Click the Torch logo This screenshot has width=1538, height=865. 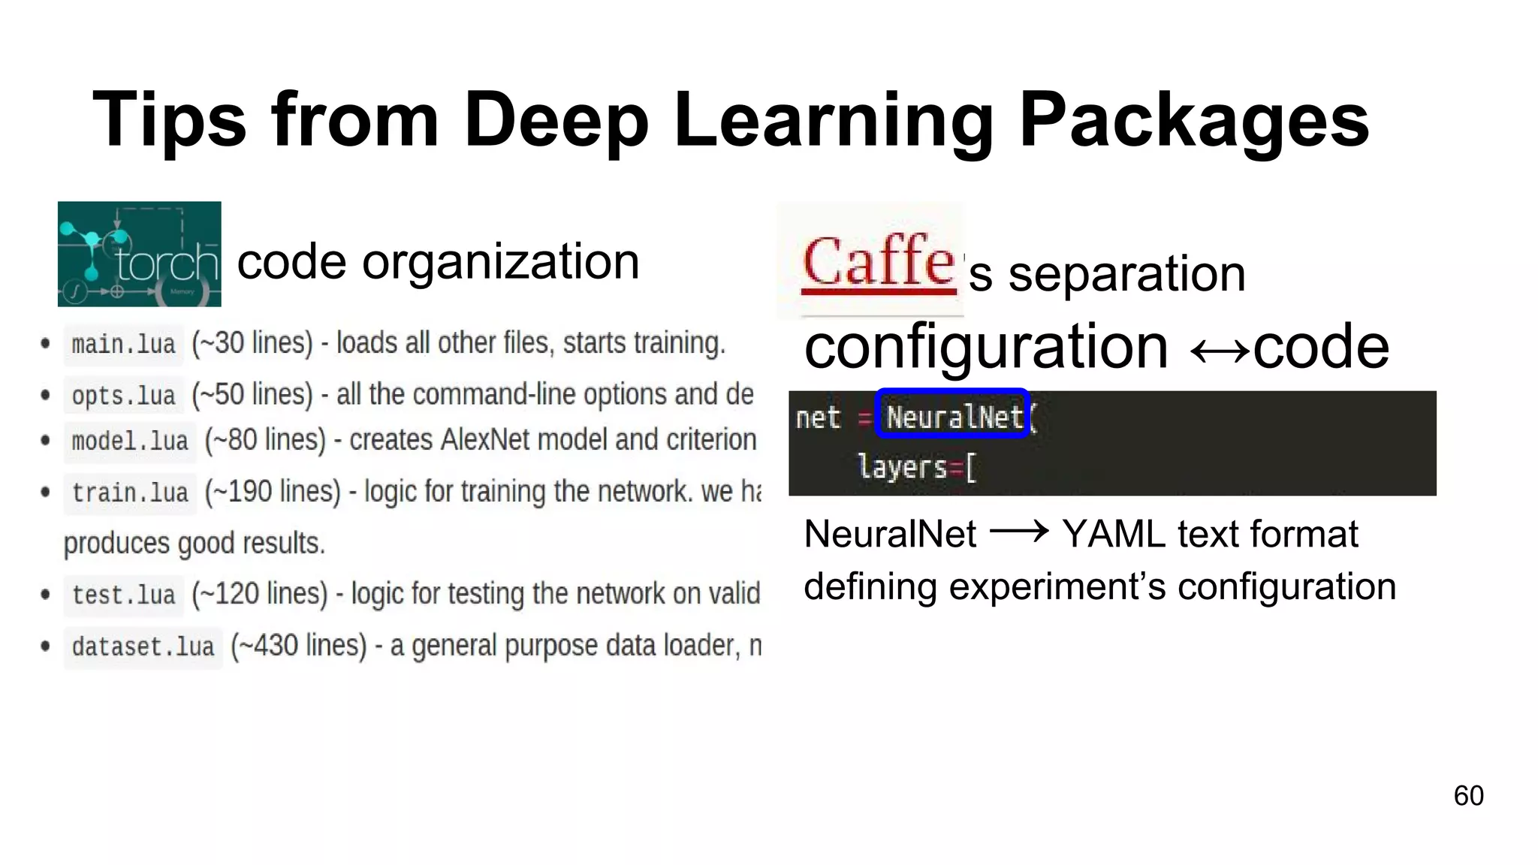[139, 254]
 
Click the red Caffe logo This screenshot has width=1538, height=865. [878, 263]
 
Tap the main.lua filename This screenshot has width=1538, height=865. [123, 345]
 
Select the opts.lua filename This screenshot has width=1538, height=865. [123, 396]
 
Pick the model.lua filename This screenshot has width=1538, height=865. [130, 441]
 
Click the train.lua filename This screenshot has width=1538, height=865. [130, 493]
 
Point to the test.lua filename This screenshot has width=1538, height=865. [123, 595]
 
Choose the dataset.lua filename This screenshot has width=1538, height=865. [143, 647]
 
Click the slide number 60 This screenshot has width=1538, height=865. [1468, 796]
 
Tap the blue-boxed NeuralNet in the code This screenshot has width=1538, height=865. [952, 414]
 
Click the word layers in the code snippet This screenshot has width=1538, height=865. [901, 467]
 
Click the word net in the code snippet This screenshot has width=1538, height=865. [817, 417]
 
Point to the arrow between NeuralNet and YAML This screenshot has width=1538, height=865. [1019, 533]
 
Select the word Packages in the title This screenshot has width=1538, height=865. [1193, 120]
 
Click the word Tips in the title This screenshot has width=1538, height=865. [169, 120]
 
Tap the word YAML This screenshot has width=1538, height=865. [1112, 535]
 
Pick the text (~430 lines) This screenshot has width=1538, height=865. [299, 646]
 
